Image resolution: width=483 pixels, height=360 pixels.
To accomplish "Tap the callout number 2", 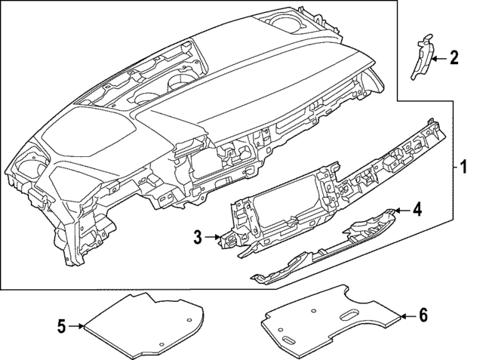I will (454, 57).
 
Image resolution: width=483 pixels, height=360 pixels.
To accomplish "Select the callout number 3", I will (198, 238).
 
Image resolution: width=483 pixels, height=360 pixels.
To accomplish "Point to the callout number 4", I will (417, 211).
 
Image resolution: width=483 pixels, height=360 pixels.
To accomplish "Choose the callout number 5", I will (62, 326).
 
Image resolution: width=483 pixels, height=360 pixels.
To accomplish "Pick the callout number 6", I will (423, 316).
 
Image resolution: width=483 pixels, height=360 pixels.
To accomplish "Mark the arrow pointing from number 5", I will (77, 326).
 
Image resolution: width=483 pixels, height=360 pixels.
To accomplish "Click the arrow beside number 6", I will (406, 316).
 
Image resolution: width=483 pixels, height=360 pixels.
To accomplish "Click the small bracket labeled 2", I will (421, 57).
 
